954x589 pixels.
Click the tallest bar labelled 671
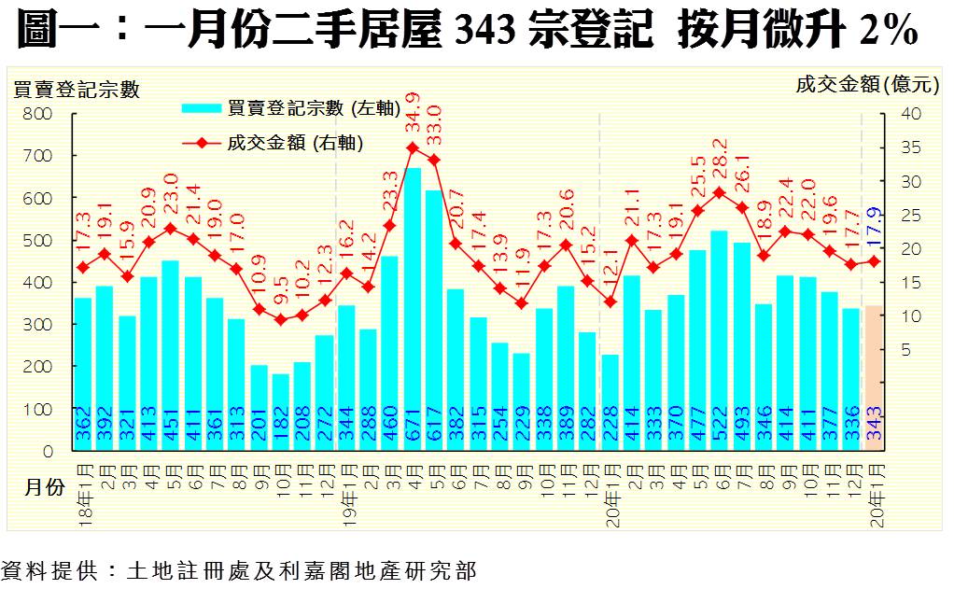coord(412,308)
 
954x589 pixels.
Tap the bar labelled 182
coord(280,412)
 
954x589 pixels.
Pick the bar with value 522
coord(719,341)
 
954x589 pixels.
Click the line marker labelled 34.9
coord(412,147)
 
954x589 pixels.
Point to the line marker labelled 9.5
coord(280,319)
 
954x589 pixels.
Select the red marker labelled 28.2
coord(719,193)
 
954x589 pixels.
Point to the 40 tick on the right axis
coord(910,113)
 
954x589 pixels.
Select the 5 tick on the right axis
coord(905,350)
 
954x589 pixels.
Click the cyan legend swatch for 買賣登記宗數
coord(203,108)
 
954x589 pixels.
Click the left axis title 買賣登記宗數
coord(76,90)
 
